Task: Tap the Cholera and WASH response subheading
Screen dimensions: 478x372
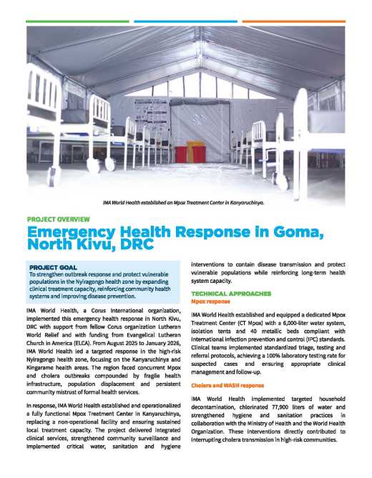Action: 227,385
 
